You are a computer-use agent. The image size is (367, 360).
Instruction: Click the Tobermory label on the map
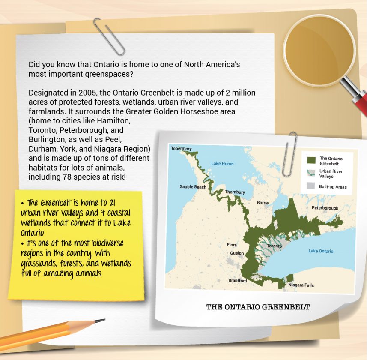(181, 148)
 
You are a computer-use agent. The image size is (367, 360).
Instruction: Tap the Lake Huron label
(222, 163)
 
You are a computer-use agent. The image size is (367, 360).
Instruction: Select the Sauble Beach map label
(193, 187)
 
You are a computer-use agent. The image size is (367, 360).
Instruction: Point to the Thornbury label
(235, 192)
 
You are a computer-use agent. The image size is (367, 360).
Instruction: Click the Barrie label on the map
(263, 202)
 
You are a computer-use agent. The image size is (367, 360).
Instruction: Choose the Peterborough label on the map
(325, 208)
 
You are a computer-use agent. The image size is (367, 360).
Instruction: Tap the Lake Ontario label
(321, 251)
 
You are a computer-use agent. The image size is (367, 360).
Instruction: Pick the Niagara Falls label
(301, 285)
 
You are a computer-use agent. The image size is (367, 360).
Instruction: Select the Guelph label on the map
(237, 253)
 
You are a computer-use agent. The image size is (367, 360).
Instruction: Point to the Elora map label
(232, 245)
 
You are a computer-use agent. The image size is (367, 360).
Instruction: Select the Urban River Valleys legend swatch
(311, 173)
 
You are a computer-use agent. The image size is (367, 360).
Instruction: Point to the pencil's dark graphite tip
(101, 320)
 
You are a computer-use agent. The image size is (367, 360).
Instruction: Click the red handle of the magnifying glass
(358, 98)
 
